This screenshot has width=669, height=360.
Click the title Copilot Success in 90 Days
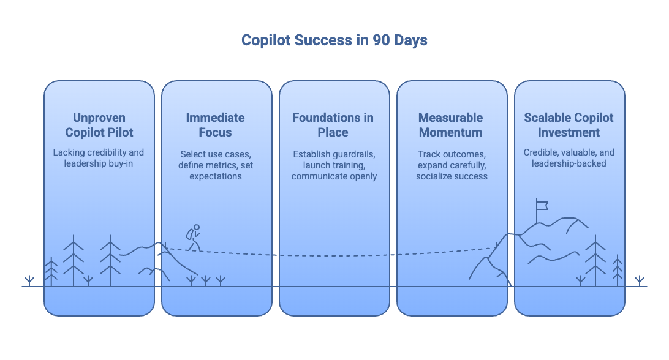point(334,40)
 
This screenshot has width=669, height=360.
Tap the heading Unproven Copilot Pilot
point(99,125)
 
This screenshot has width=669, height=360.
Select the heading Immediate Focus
point(216,125)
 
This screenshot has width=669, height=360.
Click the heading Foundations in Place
point(333,125)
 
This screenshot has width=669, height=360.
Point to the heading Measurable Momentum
point(450,125)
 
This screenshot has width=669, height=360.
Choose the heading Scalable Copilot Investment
point(569,125)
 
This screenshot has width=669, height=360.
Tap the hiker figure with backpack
point(194,238)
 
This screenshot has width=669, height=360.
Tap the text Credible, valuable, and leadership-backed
point(569,158)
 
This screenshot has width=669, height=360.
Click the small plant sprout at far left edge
point(28,281)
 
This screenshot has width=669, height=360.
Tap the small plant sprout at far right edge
point(640,281)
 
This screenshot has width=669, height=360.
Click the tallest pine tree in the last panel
point(594,260)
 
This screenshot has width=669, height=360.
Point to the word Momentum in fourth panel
point(450,132)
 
